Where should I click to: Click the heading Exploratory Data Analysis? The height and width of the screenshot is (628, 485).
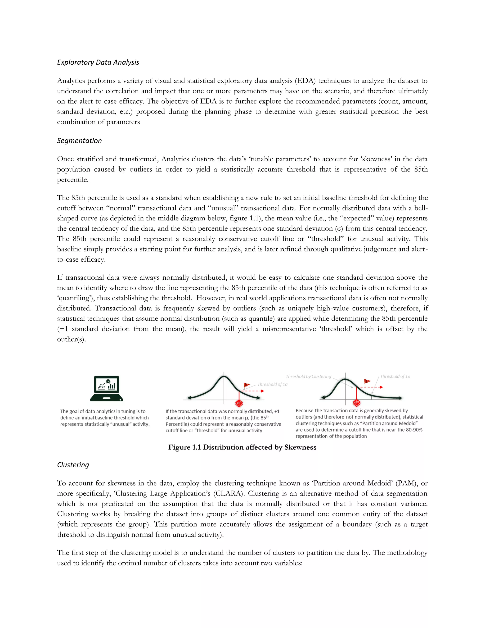[x=98, y=62]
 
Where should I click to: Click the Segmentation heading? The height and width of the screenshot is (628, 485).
[x=79, y=141]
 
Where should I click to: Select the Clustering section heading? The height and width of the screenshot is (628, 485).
[x=73, y=465]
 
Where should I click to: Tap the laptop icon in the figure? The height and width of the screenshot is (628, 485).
[x=106, y=388]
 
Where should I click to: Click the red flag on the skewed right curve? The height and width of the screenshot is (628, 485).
[x=367, y=382]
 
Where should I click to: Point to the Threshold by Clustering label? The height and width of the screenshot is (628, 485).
[x=308, y=376]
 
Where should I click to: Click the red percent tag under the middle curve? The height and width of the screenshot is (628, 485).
[x=239, y=403]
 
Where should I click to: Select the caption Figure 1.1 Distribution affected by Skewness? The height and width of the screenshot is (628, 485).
[x=242, y=447]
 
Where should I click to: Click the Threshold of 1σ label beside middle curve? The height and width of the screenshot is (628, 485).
[x=272, y=384]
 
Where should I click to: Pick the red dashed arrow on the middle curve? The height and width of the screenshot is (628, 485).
[x=253, y=391]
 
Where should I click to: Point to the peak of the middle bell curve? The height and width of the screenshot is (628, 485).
[x=224, y=377]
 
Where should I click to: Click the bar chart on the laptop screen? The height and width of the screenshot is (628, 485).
[x=112, y=386]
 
